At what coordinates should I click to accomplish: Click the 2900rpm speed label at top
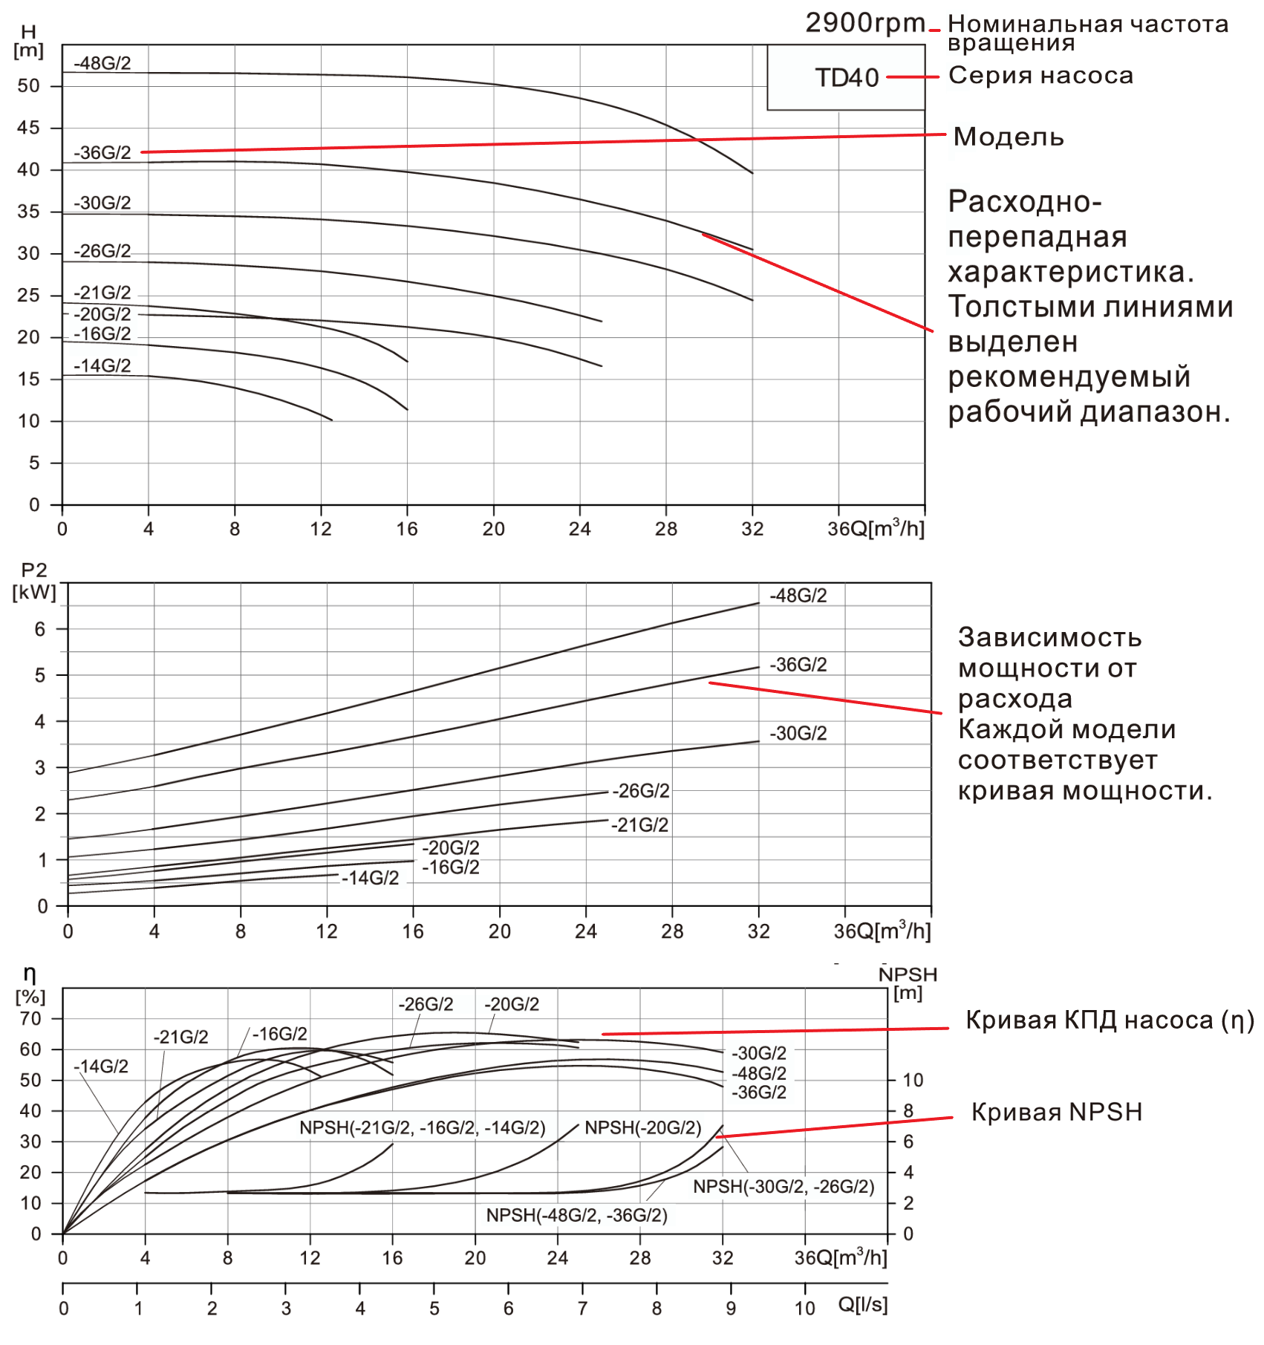(864, 23)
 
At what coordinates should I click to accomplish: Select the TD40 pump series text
(847, 77)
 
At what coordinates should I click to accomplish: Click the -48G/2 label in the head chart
(102, 63)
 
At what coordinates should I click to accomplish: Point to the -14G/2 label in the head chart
(102, 365)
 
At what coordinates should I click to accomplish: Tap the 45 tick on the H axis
(28, 128)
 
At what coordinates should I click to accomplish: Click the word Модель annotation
(1008, 137)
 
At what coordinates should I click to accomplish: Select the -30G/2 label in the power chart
(798, 734)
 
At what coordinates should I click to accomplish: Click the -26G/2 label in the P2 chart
(640, 791)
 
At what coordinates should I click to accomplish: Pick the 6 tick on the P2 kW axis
(40, 629)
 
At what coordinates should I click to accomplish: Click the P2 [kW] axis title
(34, 582)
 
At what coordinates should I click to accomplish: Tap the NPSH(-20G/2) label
(642, 1127)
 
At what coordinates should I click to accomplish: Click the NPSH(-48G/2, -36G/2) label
(576, 1215)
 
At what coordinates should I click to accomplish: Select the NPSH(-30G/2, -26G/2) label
(784, 1186)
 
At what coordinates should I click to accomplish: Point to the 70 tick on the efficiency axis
(30, 1019)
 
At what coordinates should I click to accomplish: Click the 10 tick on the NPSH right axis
(913, 1080)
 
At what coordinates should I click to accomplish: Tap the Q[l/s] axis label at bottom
(862, 1304)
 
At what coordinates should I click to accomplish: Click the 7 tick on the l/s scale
(582, 1309)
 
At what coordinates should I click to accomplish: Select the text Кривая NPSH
(1056, 1112)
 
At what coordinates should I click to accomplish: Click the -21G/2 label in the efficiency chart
(180, 1037)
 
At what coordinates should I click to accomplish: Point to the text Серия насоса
(1040, 75)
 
